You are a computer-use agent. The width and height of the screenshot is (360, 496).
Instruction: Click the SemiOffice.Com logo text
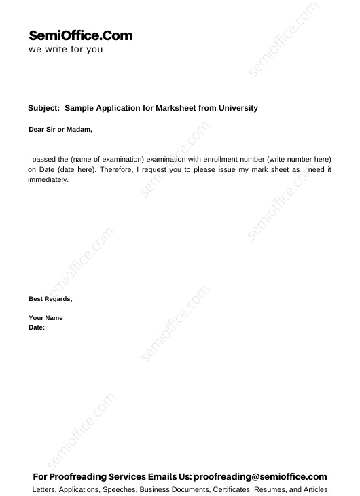tap(81, 36)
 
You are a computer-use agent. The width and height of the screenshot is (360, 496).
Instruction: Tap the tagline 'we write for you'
tap(66, 50)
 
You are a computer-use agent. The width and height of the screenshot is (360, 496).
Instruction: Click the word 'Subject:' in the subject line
tap(44, 108)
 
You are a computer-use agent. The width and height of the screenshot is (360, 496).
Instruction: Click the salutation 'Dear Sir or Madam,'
tap(60, 129)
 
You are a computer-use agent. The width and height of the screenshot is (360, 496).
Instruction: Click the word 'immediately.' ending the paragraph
tap(49, 180)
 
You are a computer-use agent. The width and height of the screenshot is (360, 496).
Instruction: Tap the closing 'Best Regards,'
tap(50, 299)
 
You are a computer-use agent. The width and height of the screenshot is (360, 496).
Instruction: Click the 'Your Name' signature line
tap(46, 318)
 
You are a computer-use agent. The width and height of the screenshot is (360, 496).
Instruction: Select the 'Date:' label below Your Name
tap(37, 327)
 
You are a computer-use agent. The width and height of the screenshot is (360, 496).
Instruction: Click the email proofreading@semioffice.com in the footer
tap(262, 477)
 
